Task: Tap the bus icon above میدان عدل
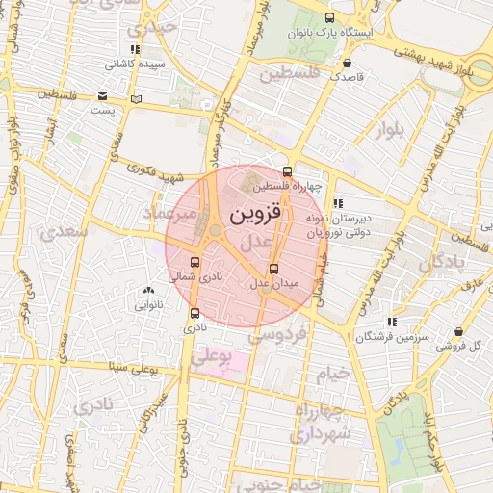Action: [274, 269]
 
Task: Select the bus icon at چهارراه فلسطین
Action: [287, 172]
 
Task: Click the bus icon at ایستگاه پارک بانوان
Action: [331, 18]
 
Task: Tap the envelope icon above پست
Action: [103, 96]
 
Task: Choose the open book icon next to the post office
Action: [136, 99]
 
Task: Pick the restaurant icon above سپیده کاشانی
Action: [134, 49]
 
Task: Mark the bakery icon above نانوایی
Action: [147, 290]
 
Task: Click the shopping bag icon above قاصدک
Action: [346, 62]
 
